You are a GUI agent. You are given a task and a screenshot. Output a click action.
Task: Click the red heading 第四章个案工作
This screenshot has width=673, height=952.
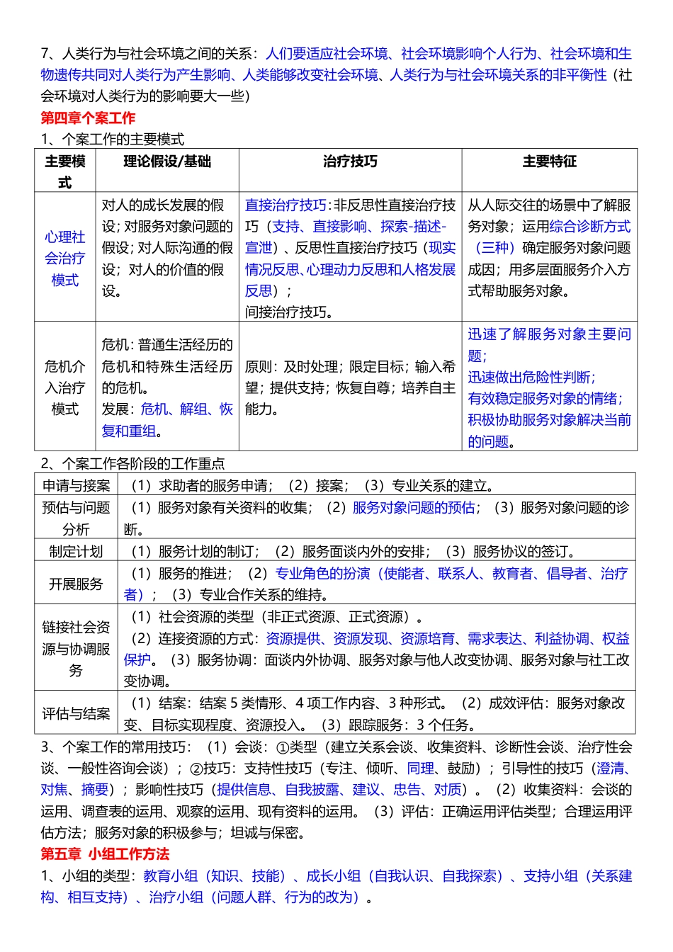[x=88, y=118]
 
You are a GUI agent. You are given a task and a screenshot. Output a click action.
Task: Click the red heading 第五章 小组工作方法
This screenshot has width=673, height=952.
[x=105, y=854]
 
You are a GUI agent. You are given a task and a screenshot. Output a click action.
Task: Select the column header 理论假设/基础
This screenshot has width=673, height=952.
[x=167, y=161]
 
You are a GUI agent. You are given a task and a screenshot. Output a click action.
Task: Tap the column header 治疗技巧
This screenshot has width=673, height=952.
[x=350, y=161]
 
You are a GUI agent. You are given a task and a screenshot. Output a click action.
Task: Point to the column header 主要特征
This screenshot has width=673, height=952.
[x=549, y=161]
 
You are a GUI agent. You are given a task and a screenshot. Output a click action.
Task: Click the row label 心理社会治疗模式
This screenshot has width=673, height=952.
[x=65, y=259]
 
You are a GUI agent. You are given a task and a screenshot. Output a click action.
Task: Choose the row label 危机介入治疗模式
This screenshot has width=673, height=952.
[x=65, y=387]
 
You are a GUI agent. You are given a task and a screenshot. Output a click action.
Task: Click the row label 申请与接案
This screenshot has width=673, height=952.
[x=76, y=486]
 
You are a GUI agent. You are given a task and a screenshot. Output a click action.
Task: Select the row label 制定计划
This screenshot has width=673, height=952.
[x=76, y=552]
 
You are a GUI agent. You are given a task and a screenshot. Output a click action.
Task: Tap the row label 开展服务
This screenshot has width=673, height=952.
[x=76, y=584]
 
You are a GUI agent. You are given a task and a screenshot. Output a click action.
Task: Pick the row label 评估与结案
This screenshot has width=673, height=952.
[x=76, y=714]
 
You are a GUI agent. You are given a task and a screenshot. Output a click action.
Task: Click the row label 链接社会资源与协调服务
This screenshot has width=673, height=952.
[x=76, y=649]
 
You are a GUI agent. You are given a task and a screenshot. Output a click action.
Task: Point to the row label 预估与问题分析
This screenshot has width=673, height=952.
[x=76, y=518]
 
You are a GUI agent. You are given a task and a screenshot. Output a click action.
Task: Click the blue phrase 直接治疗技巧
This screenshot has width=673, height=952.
[x=285, y=205]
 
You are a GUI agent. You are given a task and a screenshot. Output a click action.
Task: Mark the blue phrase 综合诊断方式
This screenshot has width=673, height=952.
[x=589, y=227]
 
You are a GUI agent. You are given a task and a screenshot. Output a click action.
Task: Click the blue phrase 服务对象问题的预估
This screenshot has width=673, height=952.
[x=414, y=508]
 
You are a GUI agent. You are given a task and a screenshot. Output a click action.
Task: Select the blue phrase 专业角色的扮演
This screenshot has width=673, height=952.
[x=322, y=574]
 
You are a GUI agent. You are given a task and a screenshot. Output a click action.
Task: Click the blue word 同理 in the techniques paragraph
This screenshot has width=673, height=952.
[x=421, y=769]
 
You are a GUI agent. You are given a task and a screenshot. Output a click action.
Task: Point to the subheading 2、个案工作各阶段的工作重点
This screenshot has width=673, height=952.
[x=132, y=464]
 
